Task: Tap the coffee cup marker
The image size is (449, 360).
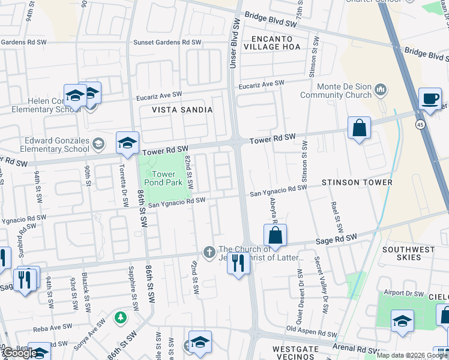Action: click(430, 99)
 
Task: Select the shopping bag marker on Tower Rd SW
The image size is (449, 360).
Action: click(359, 128)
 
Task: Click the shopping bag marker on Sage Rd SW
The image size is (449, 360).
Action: click(275, 236)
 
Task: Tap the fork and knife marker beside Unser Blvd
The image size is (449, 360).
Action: click(238, 263)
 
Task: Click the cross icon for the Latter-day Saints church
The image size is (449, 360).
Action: click(209, 251)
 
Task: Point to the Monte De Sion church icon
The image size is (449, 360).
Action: click(379, 91)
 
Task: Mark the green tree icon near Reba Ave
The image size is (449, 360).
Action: click(121, 316)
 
